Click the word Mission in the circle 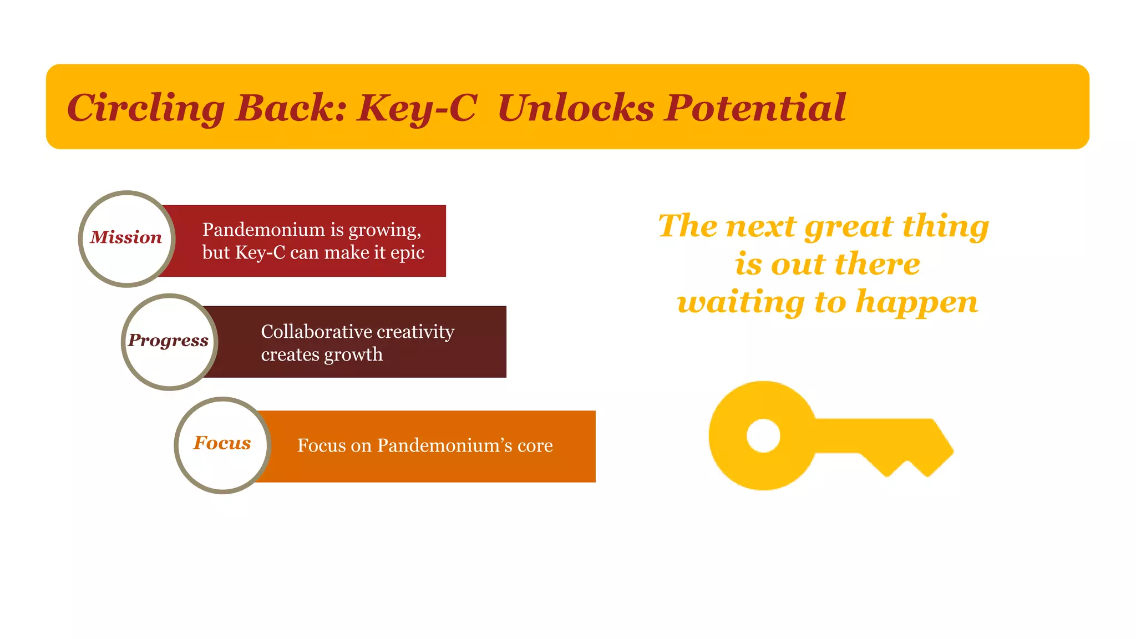click(x=126, y=237)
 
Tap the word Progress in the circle click(x=168, y=340)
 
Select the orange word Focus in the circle click(x=222, y=443)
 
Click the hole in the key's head click(x=763, y=435)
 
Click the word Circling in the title click(x=145, y=108)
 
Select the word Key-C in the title click(x=417, y=108)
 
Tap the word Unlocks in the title click(x=576, y=108)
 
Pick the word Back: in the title click(x=291, y=108)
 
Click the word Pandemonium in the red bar click(x=263, y=230)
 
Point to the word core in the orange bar click(x=535, y=445)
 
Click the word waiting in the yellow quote click(x=741, y=302)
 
